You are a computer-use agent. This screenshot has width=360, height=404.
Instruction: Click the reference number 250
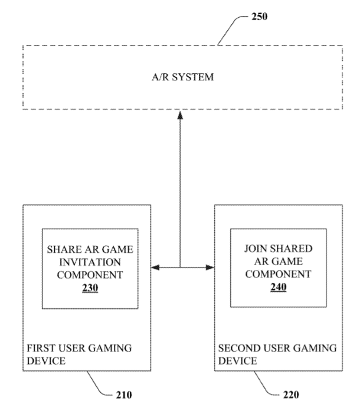click(258, 16)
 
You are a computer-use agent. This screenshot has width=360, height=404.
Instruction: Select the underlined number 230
click(90, 289)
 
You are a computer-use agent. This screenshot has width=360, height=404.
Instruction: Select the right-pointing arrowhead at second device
click(210, 268)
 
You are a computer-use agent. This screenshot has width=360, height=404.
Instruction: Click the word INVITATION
click(90, 261)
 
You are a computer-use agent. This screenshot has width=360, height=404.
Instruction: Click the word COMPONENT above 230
click(90, 275)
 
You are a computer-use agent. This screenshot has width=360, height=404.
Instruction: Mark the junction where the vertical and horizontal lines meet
click(180, 268)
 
